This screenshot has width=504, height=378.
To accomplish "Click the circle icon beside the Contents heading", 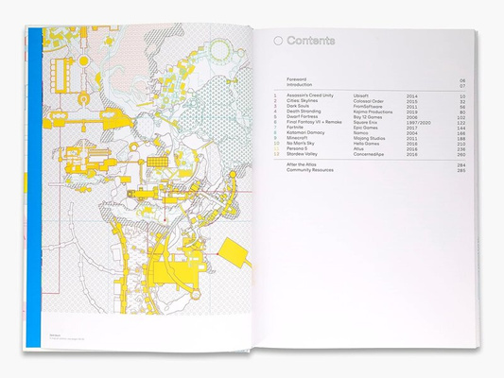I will [x=278, y=42].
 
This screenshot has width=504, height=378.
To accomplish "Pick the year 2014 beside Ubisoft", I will [x=412, y=96].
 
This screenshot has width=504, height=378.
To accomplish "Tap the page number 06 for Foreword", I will [x=462, y=81].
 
